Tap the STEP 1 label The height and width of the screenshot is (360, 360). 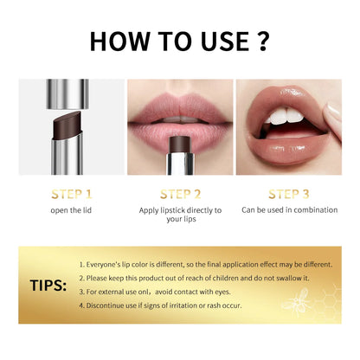coord(68,195)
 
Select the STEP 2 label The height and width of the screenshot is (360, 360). coord(180,195)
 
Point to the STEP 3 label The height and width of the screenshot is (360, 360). coord(289,195)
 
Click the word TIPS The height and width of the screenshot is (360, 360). coord(47,285)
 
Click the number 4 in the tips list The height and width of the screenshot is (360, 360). coord(81,305)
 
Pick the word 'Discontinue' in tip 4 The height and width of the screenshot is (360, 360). coord(106,305)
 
